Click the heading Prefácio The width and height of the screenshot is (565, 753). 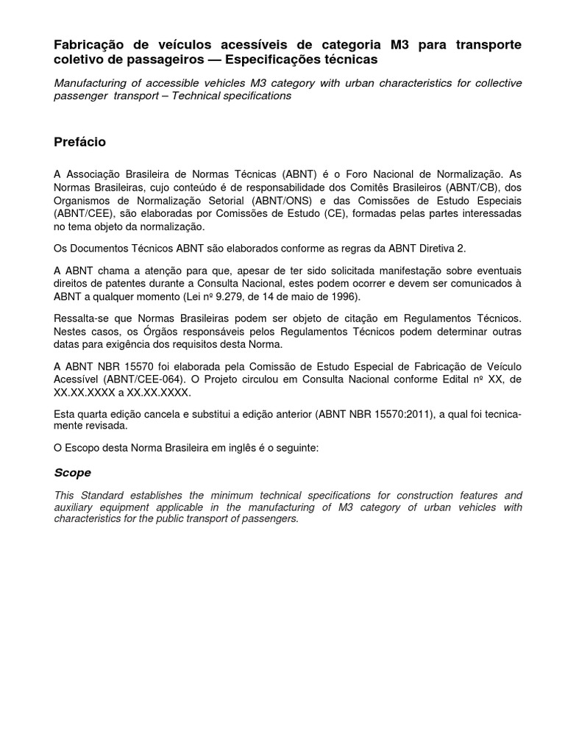point(80,142)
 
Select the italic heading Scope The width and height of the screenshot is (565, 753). point(72,472)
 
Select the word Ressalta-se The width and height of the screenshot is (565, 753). point(82,318)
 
